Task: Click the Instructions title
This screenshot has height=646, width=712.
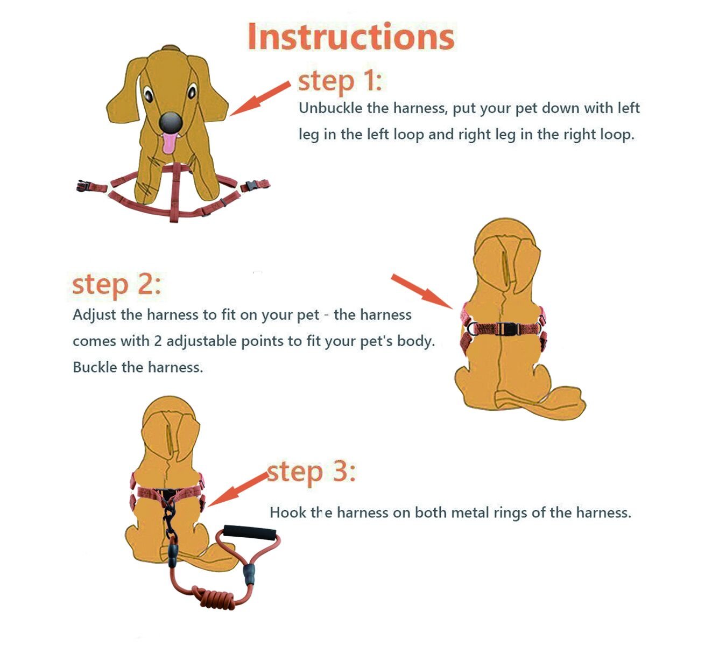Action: click(351, 37)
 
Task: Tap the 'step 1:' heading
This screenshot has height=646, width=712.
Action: click(340, 82)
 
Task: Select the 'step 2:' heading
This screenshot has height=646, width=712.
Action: click(116, 285)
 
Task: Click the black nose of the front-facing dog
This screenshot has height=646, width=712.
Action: click(171, 122)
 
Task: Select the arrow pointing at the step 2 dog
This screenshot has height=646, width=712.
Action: click(422, 291)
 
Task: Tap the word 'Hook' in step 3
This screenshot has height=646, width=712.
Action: click(283, 512)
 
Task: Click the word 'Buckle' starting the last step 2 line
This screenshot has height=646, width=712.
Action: click(95, 367)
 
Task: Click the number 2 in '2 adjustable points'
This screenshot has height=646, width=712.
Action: click(158, 341)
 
